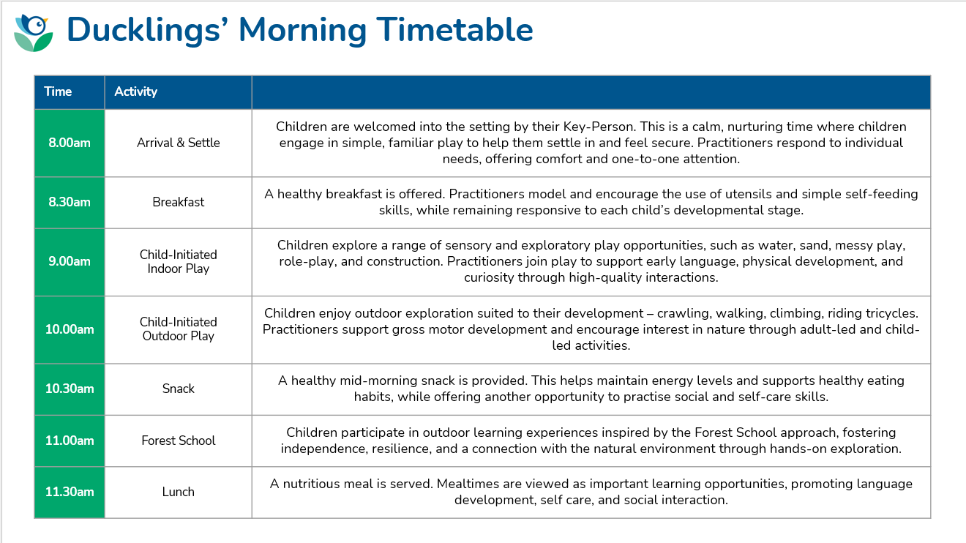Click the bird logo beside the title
[x=33, y=33]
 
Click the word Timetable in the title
[x=454, y=29]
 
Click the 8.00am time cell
[x=70, y=143]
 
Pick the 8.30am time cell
[x=70, y=202]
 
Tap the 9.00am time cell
[x=70, y=262]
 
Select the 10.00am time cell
[x=70, y=329]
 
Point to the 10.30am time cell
[x=70, y=389]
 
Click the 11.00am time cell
[x=70, y=441]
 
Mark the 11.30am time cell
[x=70, y=492]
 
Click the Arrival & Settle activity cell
[x=178, y=143]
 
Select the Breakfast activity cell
[x=178, y=202]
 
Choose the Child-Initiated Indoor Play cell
[x=178, y=262]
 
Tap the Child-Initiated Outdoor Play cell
[x=178, y=329]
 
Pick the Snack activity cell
[x=178, y=389]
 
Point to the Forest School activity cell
[x=178, y=441]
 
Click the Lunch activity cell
[x=178, y=492]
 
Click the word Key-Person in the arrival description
[x=599, y=127]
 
